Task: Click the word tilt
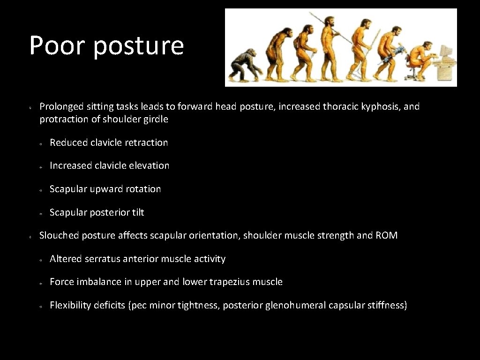tap(138, 212)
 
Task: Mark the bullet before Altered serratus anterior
tap(41, 260)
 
